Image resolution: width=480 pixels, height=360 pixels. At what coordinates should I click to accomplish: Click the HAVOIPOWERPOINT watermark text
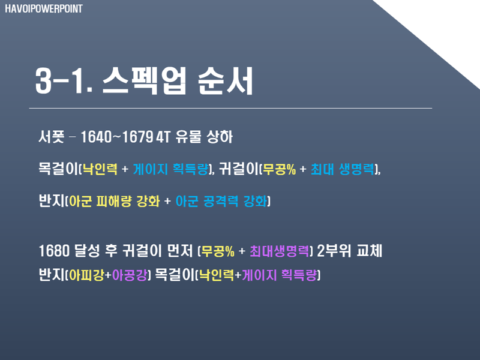coord(44,9)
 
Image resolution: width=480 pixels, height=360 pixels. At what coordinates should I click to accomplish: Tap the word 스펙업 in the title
coord(144,81)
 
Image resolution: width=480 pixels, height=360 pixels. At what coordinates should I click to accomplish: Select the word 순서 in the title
coord(226,81)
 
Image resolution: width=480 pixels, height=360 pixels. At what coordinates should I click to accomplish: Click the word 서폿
coord(51,137)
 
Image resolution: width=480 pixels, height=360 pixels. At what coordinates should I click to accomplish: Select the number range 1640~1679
coord(116,137)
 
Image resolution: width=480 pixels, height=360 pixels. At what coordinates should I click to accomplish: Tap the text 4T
coord(163,137)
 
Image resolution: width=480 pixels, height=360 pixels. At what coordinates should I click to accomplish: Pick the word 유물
coord(188,137)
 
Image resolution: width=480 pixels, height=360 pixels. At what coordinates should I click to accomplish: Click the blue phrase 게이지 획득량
coord(170,169)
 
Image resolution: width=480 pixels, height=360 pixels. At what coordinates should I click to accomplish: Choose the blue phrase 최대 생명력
coord(342,169)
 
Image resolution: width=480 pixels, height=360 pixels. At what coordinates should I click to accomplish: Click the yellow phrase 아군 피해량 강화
coord(114,201)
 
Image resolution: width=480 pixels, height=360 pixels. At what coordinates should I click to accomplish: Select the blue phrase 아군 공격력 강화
coord(221,201)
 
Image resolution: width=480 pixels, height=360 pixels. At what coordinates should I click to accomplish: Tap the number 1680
coord(54,251)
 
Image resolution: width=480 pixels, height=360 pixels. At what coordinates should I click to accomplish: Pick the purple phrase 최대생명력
coord(279,251)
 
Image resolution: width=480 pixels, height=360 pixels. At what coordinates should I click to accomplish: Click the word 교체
coord(369,251)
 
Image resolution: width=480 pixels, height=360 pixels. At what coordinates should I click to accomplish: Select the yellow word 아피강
coord(86,275)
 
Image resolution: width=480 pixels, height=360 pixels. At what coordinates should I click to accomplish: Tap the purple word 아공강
coord(130,275)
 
